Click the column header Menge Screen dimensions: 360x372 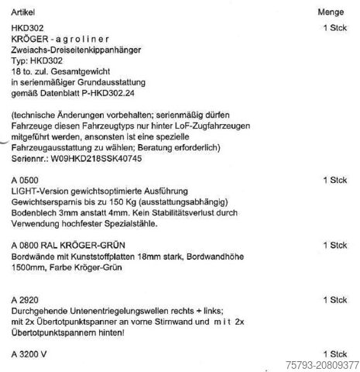coord(331,14)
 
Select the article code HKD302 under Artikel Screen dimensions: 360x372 coord(28,26)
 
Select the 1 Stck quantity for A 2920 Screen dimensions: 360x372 coord(334,299)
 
